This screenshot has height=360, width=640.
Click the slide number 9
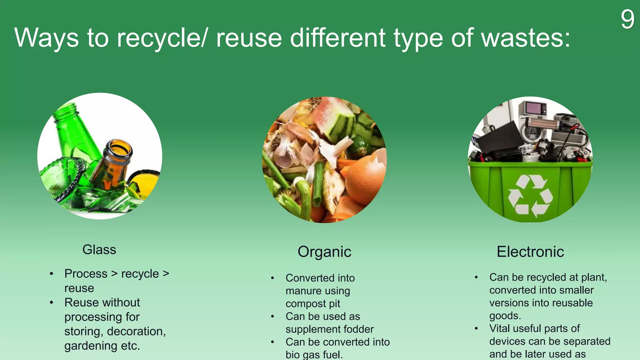pos(627,19)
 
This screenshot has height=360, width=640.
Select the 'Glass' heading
pos(99,250)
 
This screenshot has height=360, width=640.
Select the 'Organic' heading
pos(324,252)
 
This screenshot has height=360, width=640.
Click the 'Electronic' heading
pos(530,252)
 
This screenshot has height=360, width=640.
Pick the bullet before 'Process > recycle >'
pos(52,274)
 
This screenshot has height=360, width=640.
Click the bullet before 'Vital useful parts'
pos(476,328)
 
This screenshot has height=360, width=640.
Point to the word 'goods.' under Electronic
pos(505,316)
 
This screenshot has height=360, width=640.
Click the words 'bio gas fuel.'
pos(314,355)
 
